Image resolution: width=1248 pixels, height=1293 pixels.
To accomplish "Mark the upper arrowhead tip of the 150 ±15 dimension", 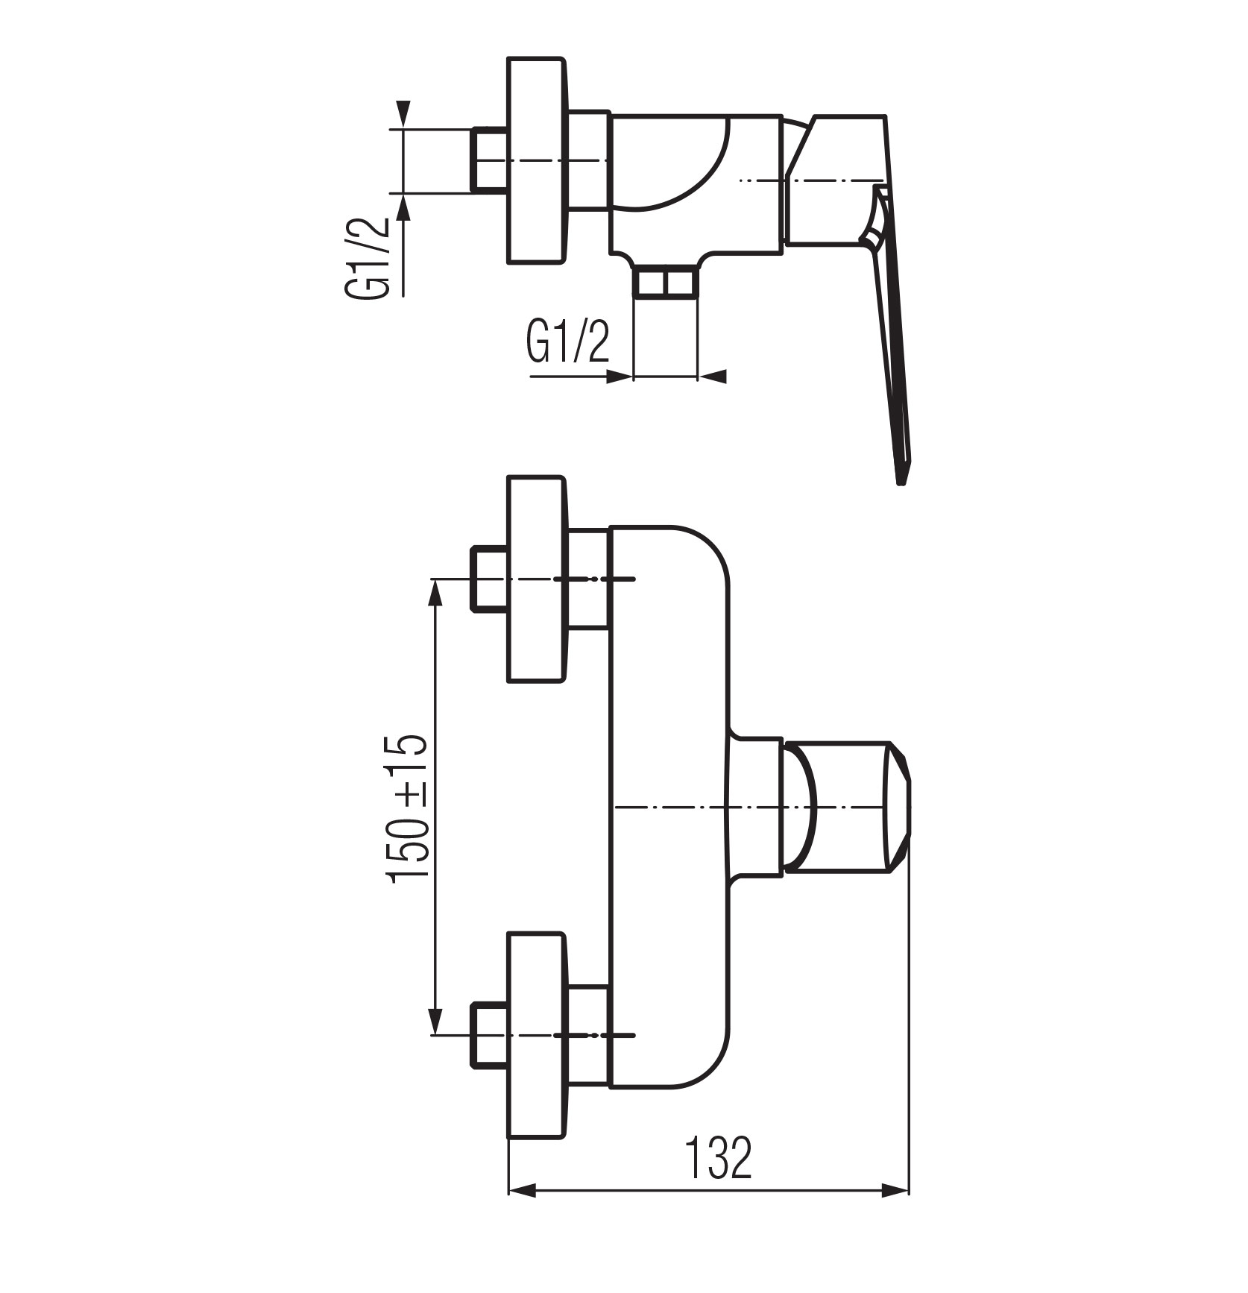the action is tap(436, 580).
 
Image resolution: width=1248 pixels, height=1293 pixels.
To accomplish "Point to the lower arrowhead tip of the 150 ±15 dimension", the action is tap(436, 1034).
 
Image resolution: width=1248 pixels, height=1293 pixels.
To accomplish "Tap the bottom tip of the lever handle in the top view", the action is tap(901, 485).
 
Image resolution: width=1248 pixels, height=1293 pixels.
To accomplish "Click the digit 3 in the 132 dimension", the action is tap(717, 1158).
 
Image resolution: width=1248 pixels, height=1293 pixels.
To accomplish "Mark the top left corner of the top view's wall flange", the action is tap(508, 57).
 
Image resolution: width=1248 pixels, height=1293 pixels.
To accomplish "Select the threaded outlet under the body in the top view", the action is tap(665, 284).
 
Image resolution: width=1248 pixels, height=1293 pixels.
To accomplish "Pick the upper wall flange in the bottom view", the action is tap(536, 579).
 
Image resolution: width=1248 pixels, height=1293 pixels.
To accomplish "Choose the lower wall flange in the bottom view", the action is tap(536, 1036).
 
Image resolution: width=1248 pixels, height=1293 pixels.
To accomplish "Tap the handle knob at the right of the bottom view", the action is tap(845, 806).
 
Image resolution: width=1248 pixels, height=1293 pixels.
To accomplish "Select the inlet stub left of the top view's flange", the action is tap(489, 161).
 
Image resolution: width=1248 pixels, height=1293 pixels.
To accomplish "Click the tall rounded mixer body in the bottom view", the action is tap(669, 807).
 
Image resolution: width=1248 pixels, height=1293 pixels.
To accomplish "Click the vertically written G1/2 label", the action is tap(367, 258).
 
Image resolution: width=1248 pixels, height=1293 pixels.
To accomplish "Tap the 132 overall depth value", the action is tap(718, 1158).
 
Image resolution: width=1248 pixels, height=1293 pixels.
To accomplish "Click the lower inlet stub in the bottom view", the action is tap(489, 1036).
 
